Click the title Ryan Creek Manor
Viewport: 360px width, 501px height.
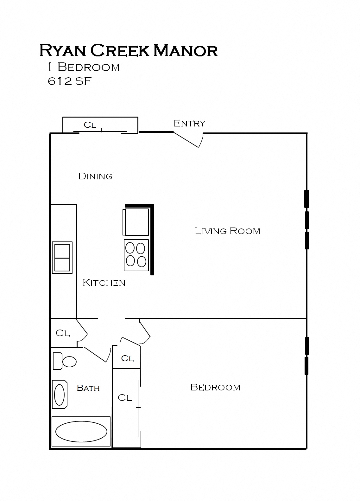pos(128,51)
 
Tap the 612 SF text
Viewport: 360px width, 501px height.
pos(69,81)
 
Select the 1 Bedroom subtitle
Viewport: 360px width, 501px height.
pos(83,67)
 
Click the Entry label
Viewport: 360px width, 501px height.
pos(189,123)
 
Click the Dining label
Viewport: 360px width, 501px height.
pos(95,176)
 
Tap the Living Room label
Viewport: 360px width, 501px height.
pos(227,231)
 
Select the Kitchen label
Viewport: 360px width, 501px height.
pos(104,283)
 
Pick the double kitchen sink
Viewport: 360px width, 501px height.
pos(62,258)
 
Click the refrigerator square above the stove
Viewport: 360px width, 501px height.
pos(136,222)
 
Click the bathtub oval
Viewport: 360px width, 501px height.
pos(81,431)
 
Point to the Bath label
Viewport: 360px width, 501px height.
pos(88,388)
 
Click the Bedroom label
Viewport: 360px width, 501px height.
pos(215,387)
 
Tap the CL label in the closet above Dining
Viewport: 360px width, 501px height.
pos(90,125)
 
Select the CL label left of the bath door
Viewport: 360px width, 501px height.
pos(63,333)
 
